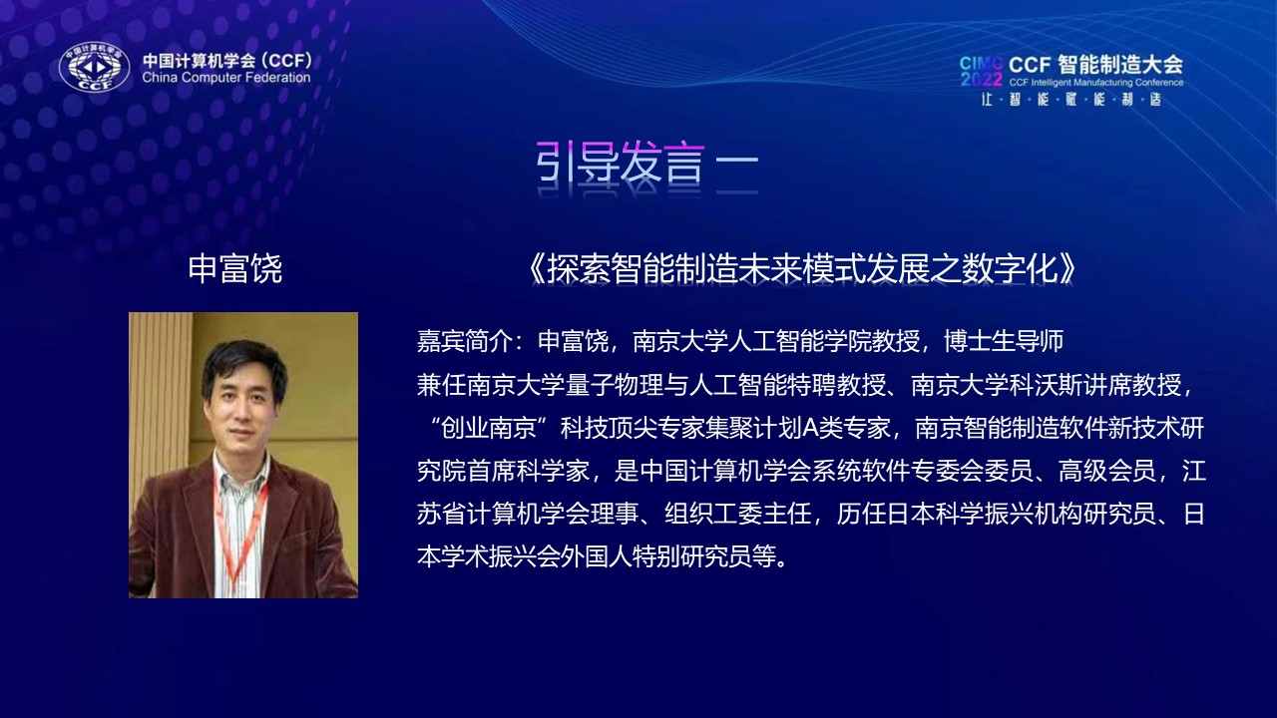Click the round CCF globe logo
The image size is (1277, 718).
pyautogui.click(x=94, y=67)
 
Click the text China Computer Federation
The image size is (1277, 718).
pyautogui.click(x=226, y=78)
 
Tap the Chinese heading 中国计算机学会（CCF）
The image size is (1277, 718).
pyautogui.click(x=227, y=60)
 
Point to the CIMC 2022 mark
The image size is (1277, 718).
pyautogui.click(x=981, y=71)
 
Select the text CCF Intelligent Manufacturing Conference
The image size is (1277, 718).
pyautogui.click(x=1096, y=83)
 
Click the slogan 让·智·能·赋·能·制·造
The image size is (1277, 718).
pyautogui.click(x=1071, y=100)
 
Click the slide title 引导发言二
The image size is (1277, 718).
pyautogui.click(x=647, y=163)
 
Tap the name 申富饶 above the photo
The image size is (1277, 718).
pyautogui.click(x=234, y=269)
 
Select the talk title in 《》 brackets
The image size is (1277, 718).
pyautogui.click(x=801, y=269)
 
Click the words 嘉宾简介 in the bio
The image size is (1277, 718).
pyautogui.click(x=464, y=341)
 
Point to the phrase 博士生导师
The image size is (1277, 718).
pyautogui.click(x=1004, y=341)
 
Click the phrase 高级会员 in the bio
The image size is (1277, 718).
pyautogui.click(x=1106, y=472)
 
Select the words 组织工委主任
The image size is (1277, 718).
pyautogui.click(x=737, y=514)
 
